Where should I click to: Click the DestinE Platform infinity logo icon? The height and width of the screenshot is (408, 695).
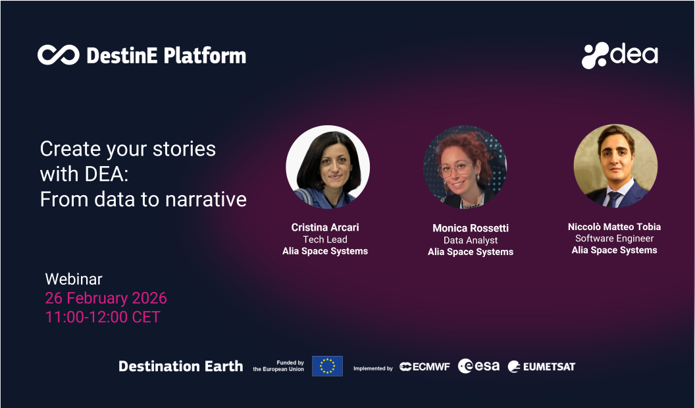[x=58, y=55]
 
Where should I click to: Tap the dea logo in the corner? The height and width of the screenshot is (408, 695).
[x=619, y=55]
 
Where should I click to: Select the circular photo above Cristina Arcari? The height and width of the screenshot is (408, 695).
[x=328, y=167]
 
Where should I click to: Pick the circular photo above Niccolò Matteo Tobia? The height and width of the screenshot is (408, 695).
[x=615, y=166]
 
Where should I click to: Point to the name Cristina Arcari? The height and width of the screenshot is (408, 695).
[x=325, y=227]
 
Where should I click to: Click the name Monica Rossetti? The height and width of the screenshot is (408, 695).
[x=470, y=228]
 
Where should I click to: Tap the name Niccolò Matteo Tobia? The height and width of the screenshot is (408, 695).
[x=614, y=227]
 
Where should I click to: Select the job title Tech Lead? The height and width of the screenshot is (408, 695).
[x=325, y=239]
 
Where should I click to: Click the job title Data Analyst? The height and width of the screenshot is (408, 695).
[x=470, y=240]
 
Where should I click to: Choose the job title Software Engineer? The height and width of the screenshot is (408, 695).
[x=614, y=239]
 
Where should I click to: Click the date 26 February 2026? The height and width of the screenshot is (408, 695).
[x=106, y=298]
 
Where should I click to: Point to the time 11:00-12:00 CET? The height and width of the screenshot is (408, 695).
[x=103, y=316]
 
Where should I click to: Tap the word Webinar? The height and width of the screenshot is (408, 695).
[x=74, y=279]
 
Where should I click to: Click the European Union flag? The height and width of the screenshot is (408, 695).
[x=327, y=366]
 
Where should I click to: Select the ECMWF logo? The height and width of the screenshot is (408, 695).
[x=425, y=366]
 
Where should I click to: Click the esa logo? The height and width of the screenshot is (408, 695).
[x=478, y=366]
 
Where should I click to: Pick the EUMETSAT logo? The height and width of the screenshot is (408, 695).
[x=541, y=366]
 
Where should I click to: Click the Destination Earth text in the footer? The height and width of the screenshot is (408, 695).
[x=180, y=366]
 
